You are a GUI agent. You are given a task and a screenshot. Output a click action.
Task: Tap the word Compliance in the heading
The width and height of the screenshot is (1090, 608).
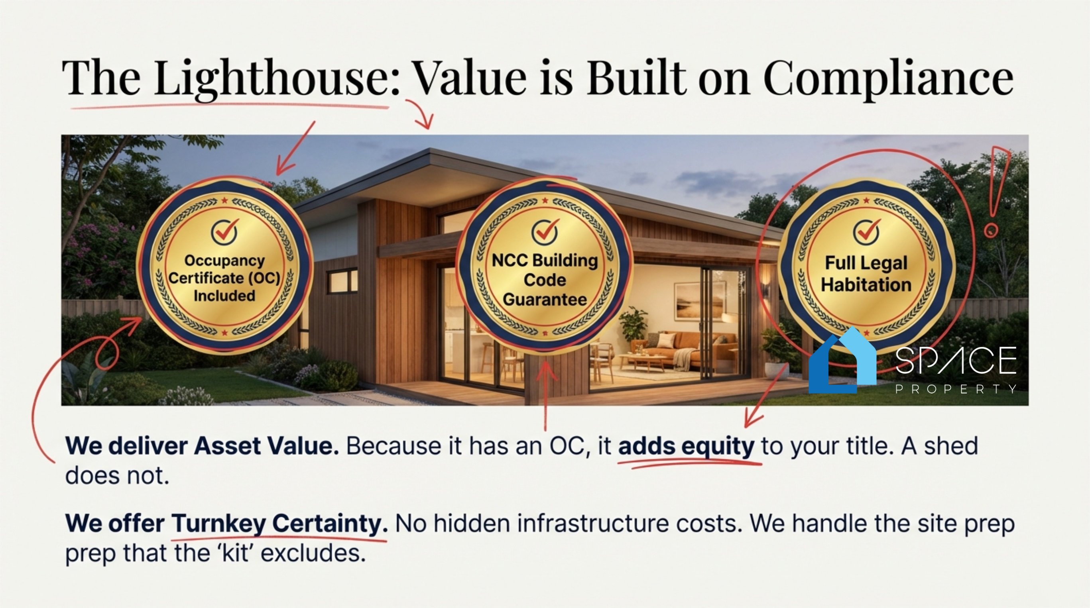point(888,78)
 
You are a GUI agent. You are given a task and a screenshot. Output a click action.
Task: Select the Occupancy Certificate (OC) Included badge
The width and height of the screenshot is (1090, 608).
point(224,265)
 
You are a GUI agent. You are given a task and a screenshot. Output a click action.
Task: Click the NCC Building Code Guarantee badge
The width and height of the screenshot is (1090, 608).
point(545,265)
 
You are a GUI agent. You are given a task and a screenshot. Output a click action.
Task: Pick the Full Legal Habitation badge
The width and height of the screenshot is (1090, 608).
point(866,267)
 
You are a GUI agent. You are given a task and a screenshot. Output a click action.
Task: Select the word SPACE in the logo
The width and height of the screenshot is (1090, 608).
point(955,360)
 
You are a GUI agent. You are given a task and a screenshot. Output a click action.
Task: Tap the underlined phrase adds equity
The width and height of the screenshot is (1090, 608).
point(686,446)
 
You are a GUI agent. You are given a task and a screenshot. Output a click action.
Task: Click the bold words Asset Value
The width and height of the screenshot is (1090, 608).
point(267,446)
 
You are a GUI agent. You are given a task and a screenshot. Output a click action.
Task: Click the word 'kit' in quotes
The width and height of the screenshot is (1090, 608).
point(236,553)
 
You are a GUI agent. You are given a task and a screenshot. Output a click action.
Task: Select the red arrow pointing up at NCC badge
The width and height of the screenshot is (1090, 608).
point(546,395)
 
